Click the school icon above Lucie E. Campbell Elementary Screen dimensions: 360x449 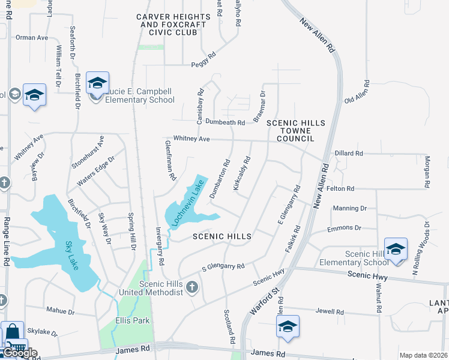(x=97, y=82)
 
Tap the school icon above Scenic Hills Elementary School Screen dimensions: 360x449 (x=396, y=248)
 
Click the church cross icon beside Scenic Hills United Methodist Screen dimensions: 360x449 (x=192, y=287)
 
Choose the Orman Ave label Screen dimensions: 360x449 (x=32, y=37)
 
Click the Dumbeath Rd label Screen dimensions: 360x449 (x=225, y=122)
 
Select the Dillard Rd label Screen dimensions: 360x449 (x=349, y=154)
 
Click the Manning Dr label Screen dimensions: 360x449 (x=349, y=208)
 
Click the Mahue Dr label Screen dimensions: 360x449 (x=61, y=311)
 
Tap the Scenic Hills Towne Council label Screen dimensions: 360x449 (x=295, y=130)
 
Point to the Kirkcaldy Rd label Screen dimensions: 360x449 (x=241, y=174)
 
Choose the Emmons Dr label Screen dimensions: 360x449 (x=344, y=228)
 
